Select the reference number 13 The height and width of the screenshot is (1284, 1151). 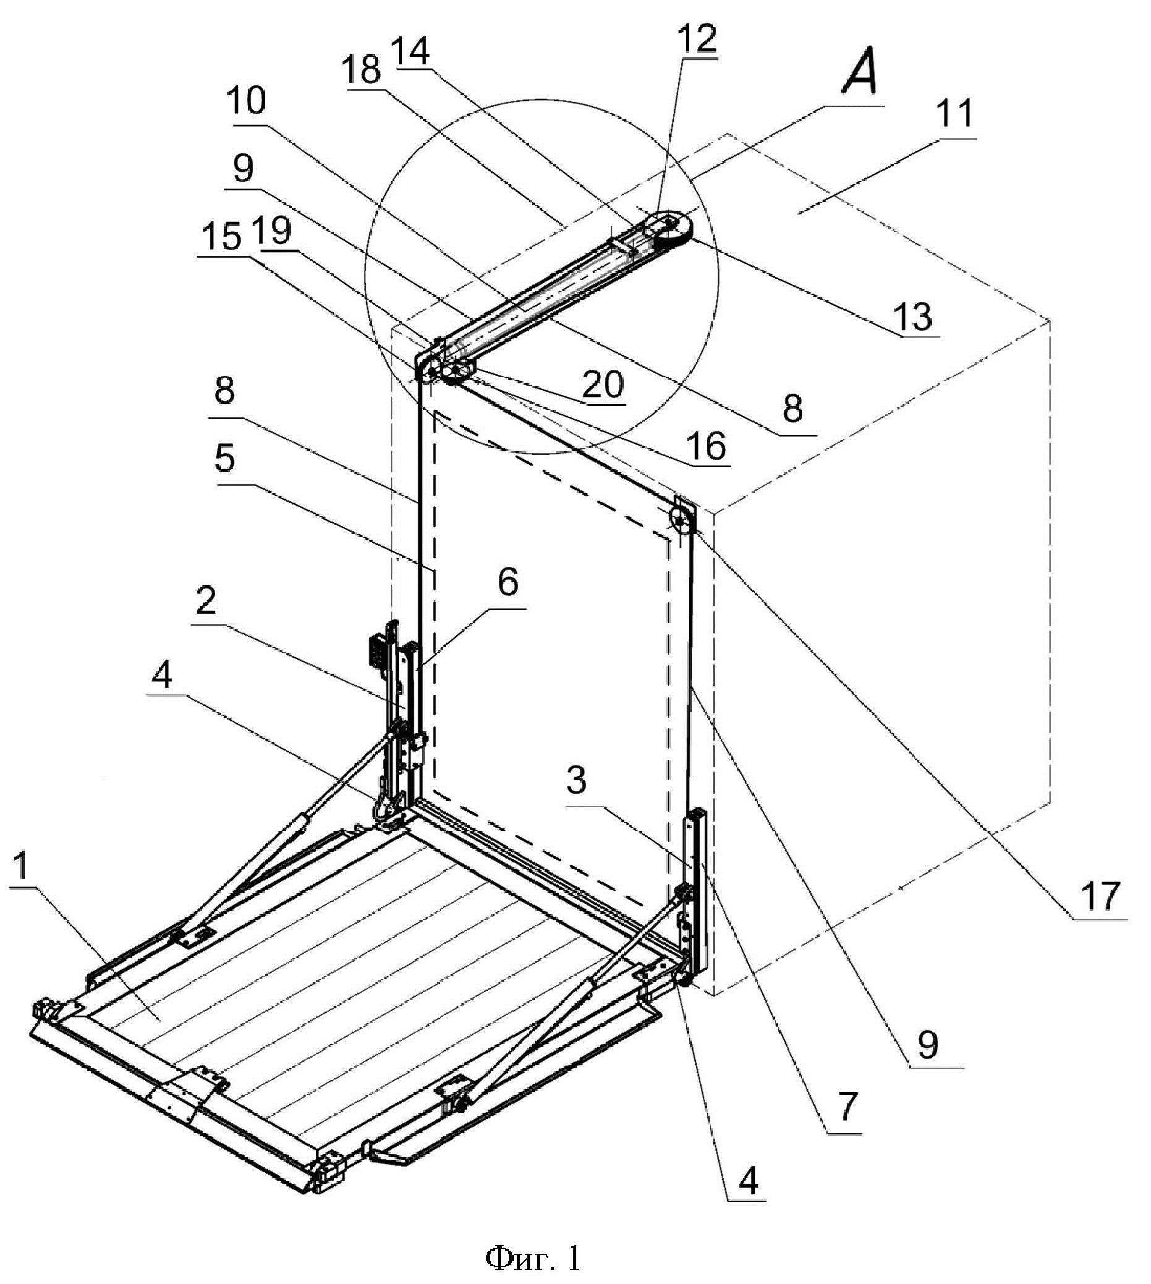pos(914,316)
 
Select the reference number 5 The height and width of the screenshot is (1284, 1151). pos(224,459)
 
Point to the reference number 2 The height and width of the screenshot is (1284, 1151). pos(205,601)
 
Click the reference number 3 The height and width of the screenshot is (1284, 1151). pos(576,781)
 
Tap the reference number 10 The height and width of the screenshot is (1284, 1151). pos(248,100)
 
